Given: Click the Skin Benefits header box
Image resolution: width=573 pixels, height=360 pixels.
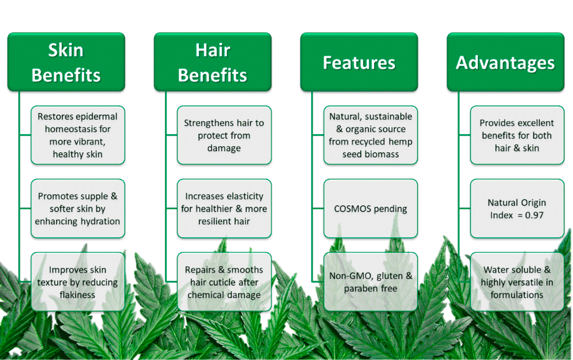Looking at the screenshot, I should tap(66, 62).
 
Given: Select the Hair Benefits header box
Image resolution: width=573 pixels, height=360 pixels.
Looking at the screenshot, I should tap(213, 62).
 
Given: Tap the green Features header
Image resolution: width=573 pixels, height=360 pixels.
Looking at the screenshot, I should tap(359, 62).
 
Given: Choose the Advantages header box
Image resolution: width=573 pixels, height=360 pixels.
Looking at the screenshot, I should tap(505, 62).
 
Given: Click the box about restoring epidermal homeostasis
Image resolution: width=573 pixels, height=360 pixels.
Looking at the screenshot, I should tap(77, 135).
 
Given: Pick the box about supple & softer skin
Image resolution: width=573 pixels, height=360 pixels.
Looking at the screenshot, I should tap(77, 209).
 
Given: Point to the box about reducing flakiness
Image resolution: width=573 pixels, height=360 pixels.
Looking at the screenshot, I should tap(77, 282).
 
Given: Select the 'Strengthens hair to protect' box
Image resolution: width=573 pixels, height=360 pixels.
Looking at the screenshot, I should tap(224, 135).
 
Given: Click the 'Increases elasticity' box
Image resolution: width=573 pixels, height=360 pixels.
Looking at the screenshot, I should tap(224, 209).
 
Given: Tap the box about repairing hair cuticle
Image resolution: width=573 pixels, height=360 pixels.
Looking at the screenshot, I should tap(224, 282).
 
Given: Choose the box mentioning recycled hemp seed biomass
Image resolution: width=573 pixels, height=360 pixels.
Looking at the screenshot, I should tap(371, 135).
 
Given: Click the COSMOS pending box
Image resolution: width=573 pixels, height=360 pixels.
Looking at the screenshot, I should tap(371, 209).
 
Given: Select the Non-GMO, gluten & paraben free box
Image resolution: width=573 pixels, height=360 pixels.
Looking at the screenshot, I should tap(371, 282).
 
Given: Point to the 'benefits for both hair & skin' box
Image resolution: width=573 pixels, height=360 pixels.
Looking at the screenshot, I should tap(517, 135).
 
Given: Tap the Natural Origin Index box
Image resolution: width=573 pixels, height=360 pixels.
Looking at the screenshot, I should tap(517, 209).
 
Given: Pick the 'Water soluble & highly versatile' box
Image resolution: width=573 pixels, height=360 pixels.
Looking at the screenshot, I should tap(517, 282).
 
